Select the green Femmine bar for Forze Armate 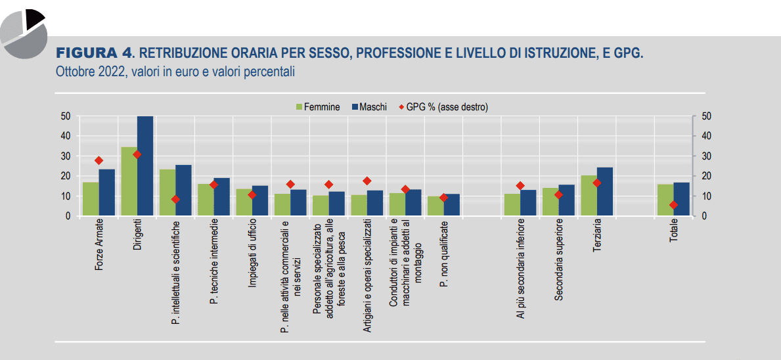coord(91,199)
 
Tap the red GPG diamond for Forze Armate coord(99,160)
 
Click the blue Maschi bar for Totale coord(681,199)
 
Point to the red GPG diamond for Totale coord(673,205)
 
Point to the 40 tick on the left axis coord(66,136)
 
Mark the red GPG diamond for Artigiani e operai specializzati coord(367,181)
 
